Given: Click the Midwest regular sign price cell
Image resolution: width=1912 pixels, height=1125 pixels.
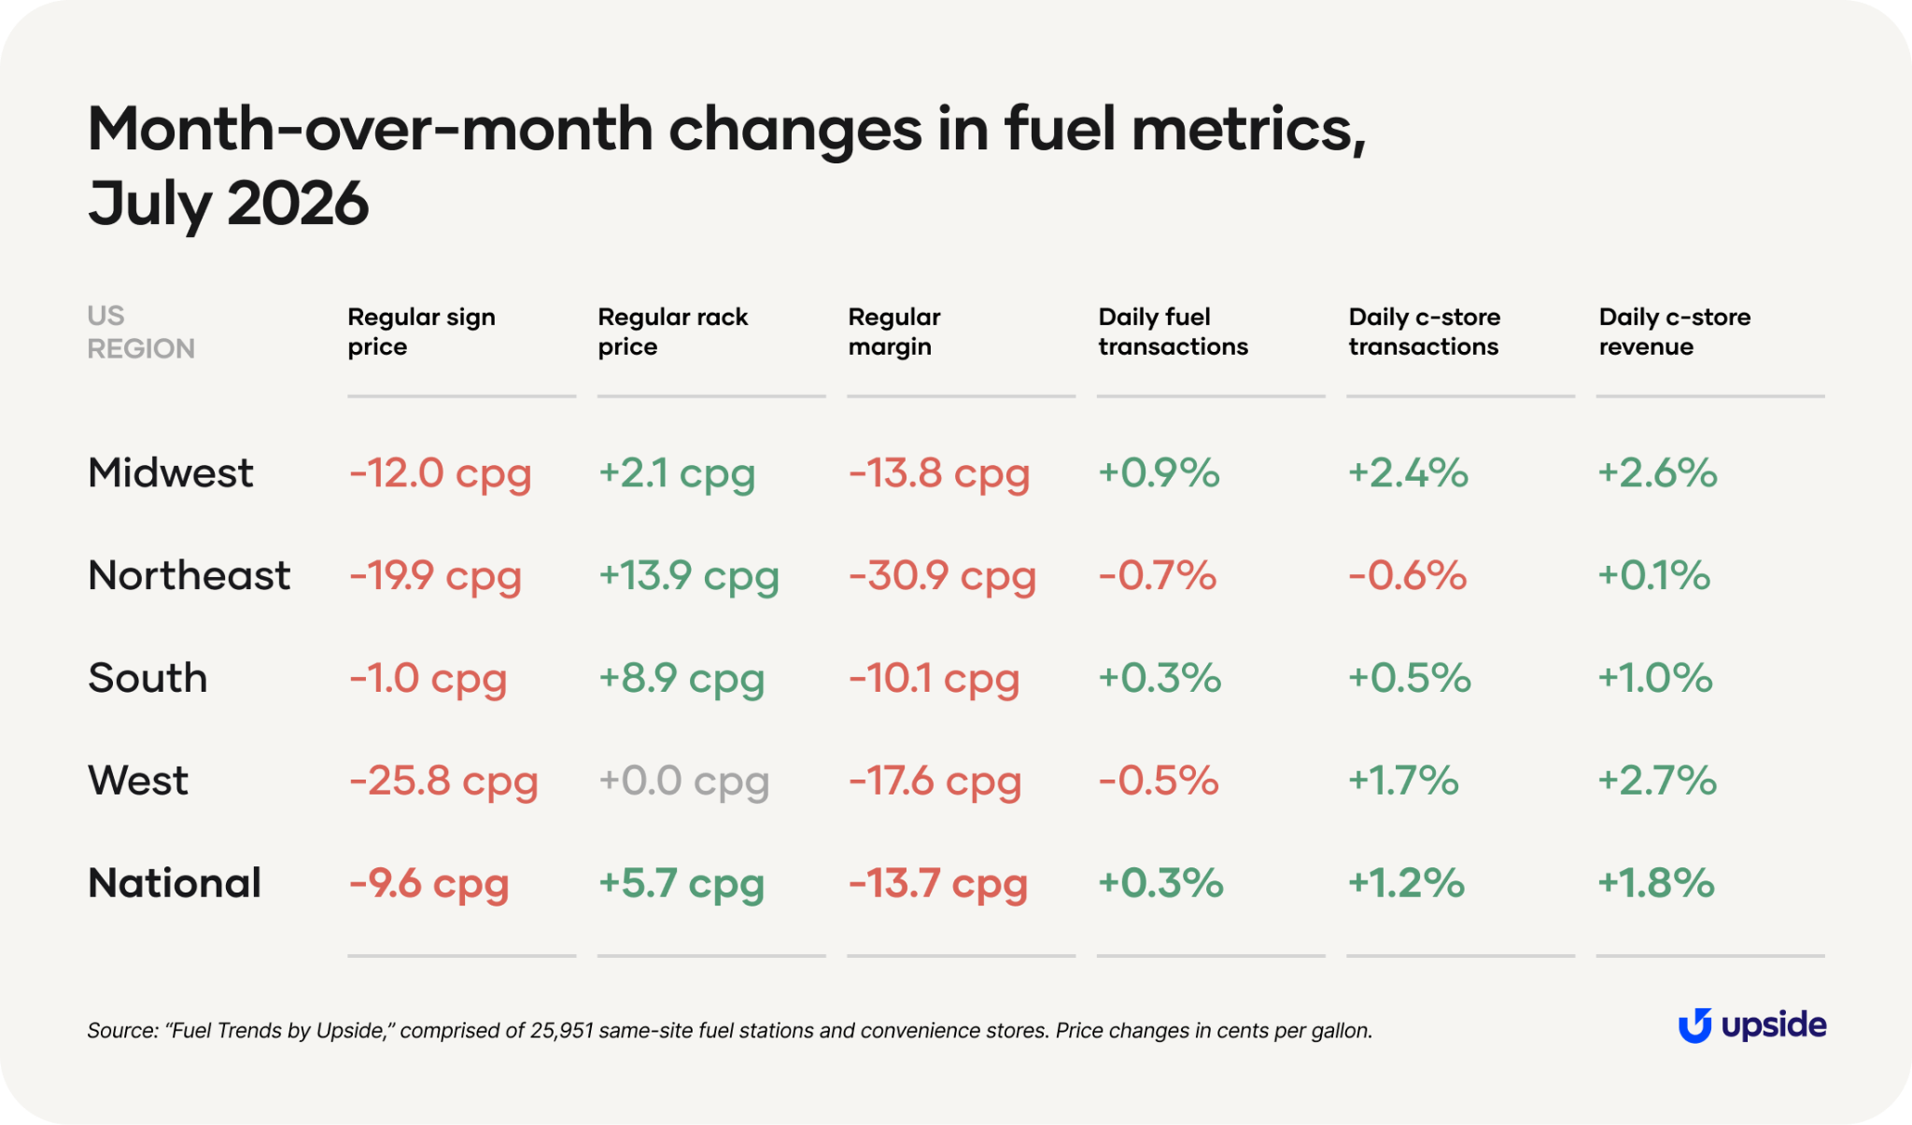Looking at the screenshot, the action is click(440, 473).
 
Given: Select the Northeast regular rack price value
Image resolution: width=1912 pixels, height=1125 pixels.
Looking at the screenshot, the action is click(689, 576).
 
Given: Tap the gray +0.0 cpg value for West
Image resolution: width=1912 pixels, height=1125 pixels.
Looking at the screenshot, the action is click(684, 781).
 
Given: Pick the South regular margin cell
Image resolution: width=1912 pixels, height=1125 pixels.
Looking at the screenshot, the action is click(934, 679).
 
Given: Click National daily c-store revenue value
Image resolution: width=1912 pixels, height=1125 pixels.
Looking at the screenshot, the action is click(1656, 883).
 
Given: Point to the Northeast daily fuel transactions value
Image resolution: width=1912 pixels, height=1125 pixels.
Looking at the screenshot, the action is click(1158, 575).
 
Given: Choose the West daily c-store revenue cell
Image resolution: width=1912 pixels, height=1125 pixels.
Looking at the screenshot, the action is click(1657, 780).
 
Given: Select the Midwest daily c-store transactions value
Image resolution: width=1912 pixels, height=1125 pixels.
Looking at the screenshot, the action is click(1408, 472).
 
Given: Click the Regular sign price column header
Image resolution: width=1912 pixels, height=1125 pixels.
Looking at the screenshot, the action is click(421, 331).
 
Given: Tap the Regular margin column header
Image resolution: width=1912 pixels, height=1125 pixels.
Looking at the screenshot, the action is click(894, 331).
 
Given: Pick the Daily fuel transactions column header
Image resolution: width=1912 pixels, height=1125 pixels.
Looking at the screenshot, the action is click(1173, 331).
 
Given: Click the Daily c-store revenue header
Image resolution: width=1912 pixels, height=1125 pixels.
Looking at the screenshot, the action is click(1675, 331).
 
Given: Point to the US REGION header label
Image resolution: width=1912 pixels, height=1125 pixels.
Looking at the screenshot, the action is click(141, 331).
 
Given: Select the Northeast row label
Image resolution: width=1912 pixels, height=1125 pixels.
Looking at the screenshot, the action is click(189, 575).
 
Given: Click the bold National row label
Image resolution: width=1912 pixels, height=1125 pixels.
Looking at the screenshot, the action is click(175, 883).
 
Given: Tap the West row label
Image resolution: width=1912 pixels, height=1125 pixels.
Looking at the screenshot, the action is click(138, 780).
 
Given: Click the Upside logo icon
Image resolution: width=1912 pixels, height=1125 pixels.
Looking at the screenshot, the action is click(1694, 1026).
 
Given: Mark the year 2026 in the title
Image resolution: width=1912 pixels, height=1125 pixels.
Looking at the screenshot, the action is click(298, 204).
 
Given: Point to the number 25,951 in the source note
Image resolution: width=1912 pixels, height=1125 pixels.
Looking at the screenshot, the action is click(561, 1031).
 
